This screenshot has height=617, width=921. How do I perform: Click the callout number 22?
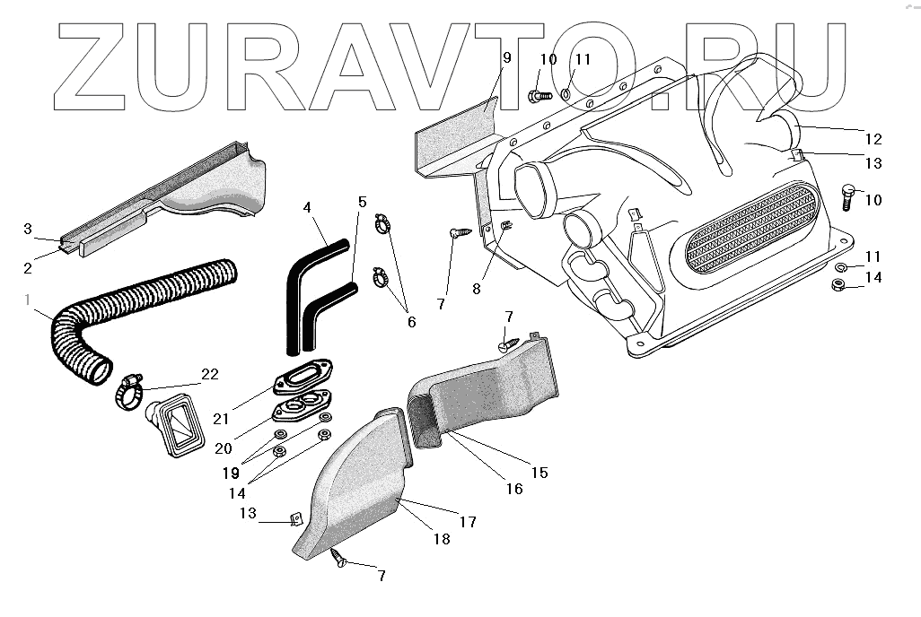210,374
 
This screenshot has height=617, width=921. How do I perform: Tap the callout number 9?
506,57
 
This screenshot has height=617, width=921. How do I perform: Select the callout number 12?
873,140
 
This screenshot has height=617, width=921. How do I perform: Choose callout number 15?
539,472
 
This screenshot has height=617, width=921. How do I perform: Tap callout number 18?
442,539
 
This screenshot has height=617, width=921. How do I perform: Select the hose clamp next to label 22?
131,392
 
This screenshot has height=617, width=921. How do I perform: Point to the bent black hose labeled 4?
307,269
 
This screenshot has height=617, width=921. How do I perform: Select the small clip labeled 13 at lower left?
294,519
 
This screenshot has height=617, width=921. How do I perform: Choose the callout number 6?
411,320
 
